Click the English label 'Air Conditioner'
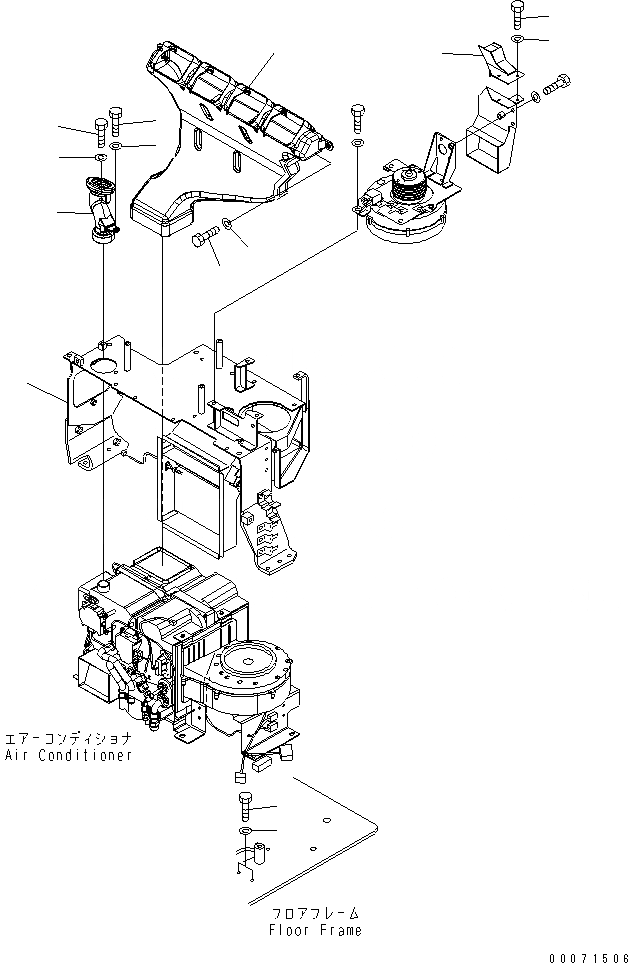68,755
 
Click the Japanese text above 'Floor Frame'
315,913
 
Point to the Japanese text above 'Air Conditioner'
68,739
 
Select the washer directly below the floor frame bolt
246,832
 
